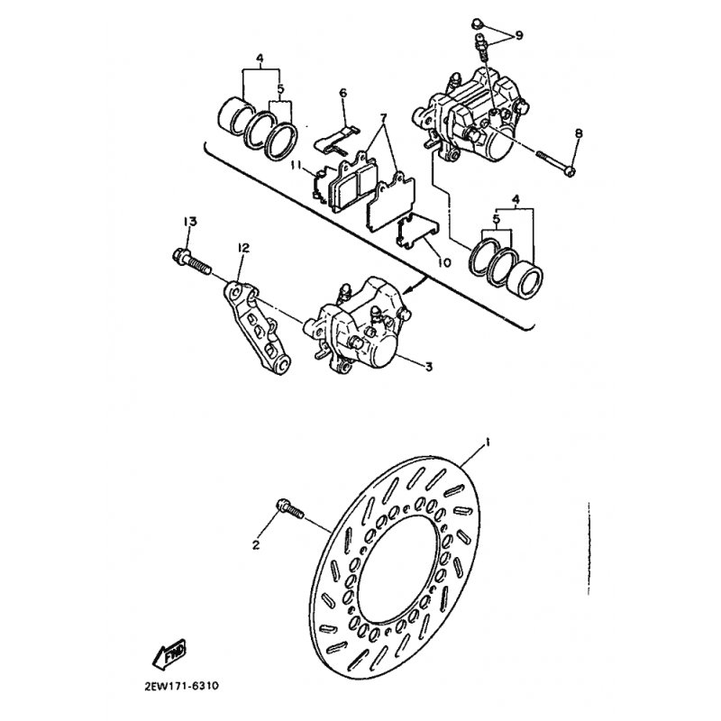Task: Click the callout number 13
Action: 190,222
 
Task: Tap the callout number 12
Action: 243,249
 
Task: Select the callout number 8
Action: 579,133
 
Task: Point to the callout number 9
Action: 519,35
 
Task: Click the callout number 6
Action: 343,94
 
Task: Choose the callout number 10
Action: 444,262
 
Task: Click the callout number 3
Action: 429,367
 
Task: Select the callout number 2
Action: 256,545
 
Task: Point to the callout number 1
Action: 487,443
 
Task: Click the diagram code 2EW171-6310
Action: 182,687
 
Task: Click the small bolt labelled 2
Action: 289,509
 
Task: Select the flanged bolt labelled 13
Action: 191,260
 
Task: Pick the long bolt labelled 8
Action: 555,163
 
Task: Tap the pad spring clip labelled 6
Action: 338,139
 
